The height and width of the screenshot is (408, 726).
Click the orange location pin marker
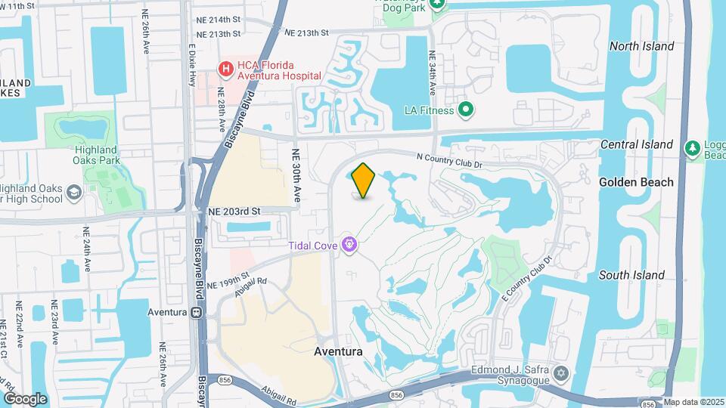coord(364,180)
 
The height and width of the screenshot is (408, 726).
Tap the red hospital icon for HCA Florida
coord(225,70)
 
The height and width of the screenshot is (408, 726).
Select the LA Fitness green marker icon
coord(467,110)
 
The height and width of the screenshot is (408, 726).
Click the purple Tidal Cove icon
coord(350,244)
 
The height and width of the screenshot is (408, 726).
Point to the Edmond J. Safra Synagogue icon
coord(561,374)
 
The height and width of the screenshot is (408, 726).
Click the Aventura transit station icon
coord(196,312)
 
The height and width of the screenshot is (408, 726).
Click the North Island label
coord(641,46)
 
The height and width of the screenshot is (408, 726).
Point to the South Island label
coord(632,275)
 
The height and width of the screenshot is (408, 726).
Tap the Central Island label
coord(636,144)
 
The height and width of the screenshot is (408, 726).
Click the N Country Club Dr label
coord(449,159)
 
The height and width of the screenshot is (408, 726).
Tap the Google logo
coord(25,398)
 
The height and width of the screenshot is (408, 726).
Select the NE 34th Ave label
coord(432,73)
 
